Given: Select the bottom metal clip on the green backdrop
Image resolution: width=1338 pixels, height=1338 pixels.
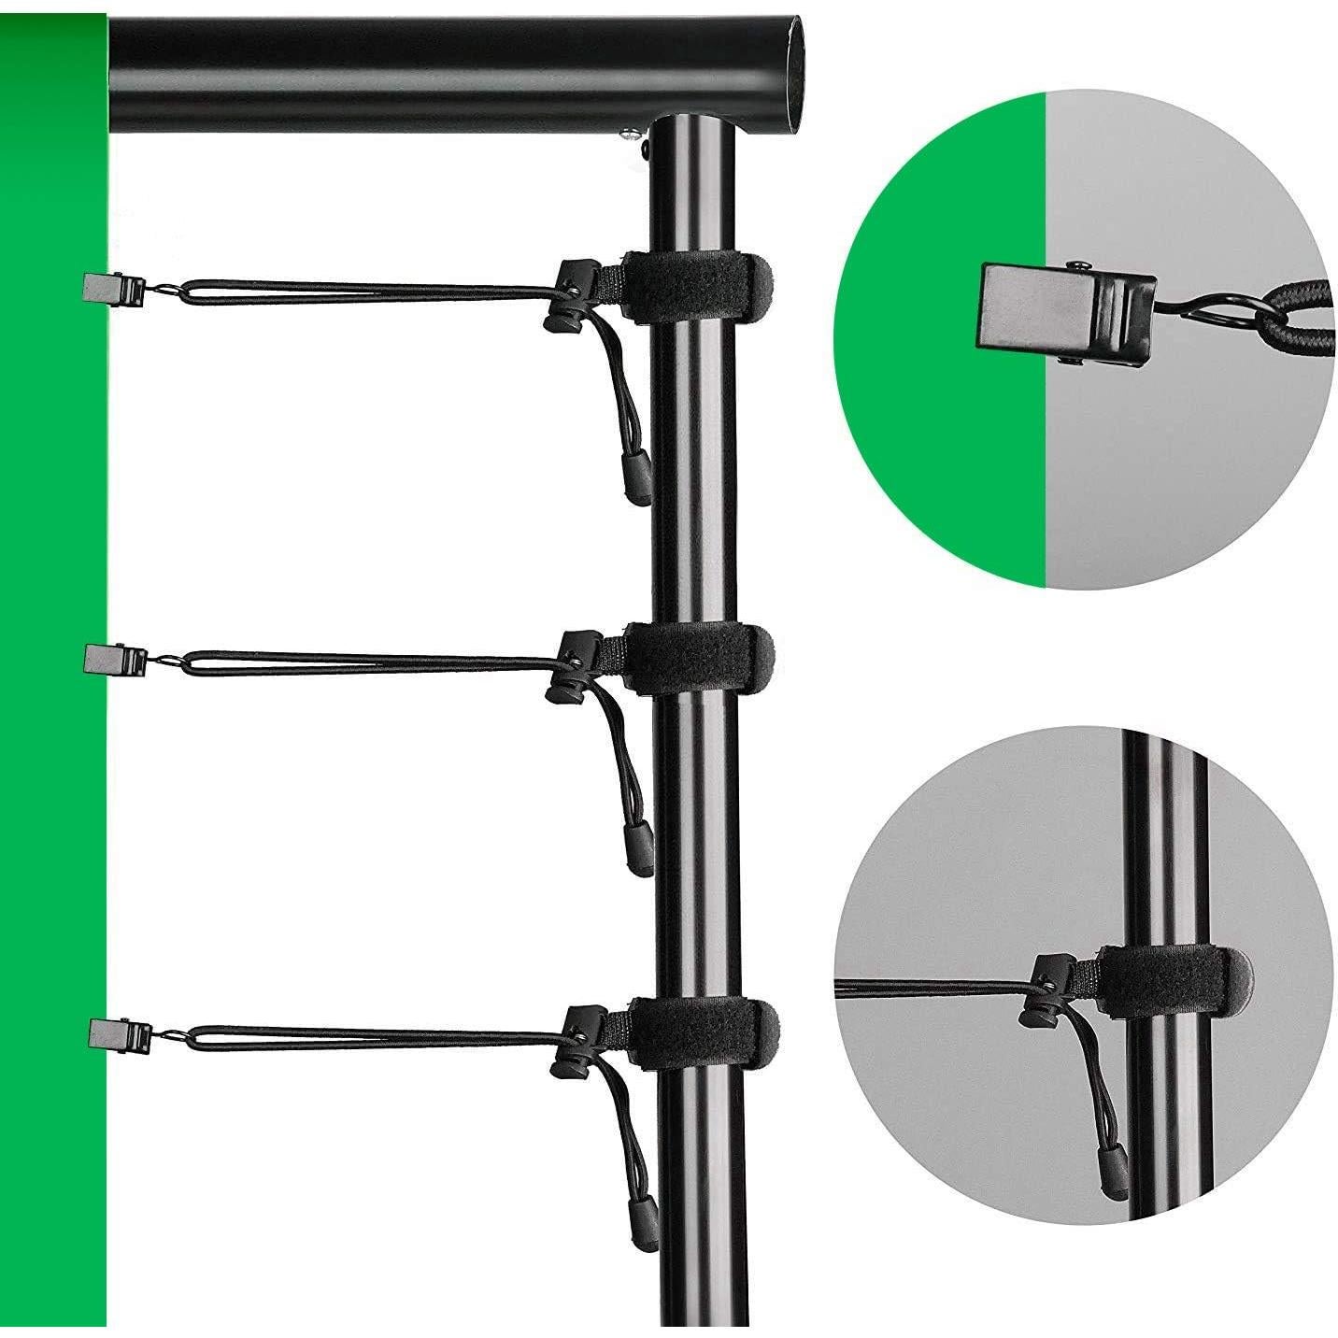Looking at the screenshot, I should (116, 1032).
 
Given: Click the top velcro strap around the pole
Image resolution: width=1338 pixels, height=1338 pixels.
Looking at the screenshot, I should (701, 288).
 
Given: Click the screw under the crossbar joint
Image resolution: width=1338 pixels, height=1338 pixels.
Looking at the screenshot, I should (632, 138).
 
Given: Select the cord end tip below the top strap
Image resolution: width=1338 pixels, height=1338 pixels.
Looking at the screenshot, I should (637, 480).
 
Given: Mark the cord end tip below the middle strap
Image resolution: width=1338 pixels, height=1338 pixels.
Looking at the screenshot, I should (639, 852).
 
